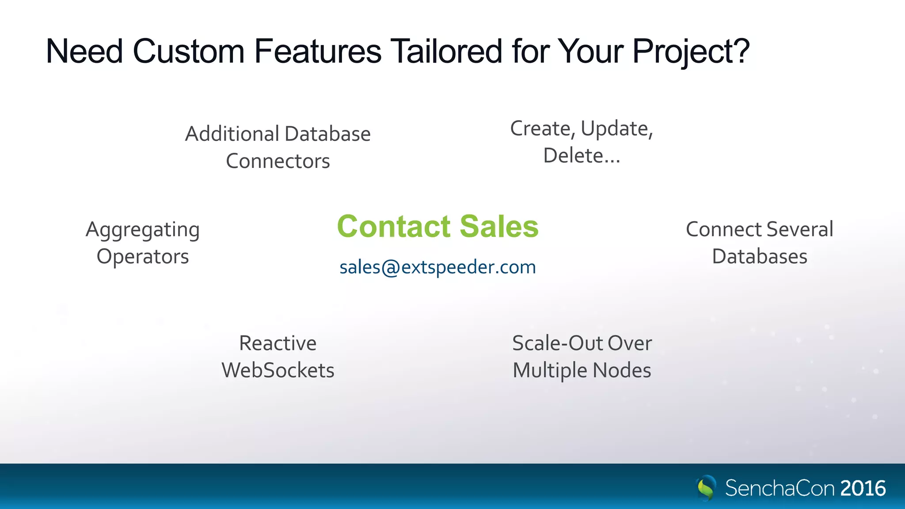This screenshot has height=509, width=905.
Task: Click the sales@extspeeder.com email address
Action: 437,267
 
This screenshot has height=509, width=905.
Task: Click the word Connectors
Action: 278,161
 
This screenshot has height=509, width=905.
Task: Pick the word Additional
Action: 232,134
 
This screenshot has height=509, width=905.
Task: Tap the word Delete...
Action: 573,156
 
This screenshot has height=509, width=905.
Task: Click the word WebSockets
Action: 278,370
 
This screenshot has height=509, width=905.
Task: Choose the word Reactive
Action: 278,343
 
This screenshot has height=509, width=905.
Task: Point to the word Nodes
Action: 622,370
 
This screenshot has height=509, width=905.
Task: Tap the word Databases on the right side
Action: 760,257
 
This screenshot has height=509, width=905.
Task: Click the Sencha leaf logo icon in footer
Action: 706,488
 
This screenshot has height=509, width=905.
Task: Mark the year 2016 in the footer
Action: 863,488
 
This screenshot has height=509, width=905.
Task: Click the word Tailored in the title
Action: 446,51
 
